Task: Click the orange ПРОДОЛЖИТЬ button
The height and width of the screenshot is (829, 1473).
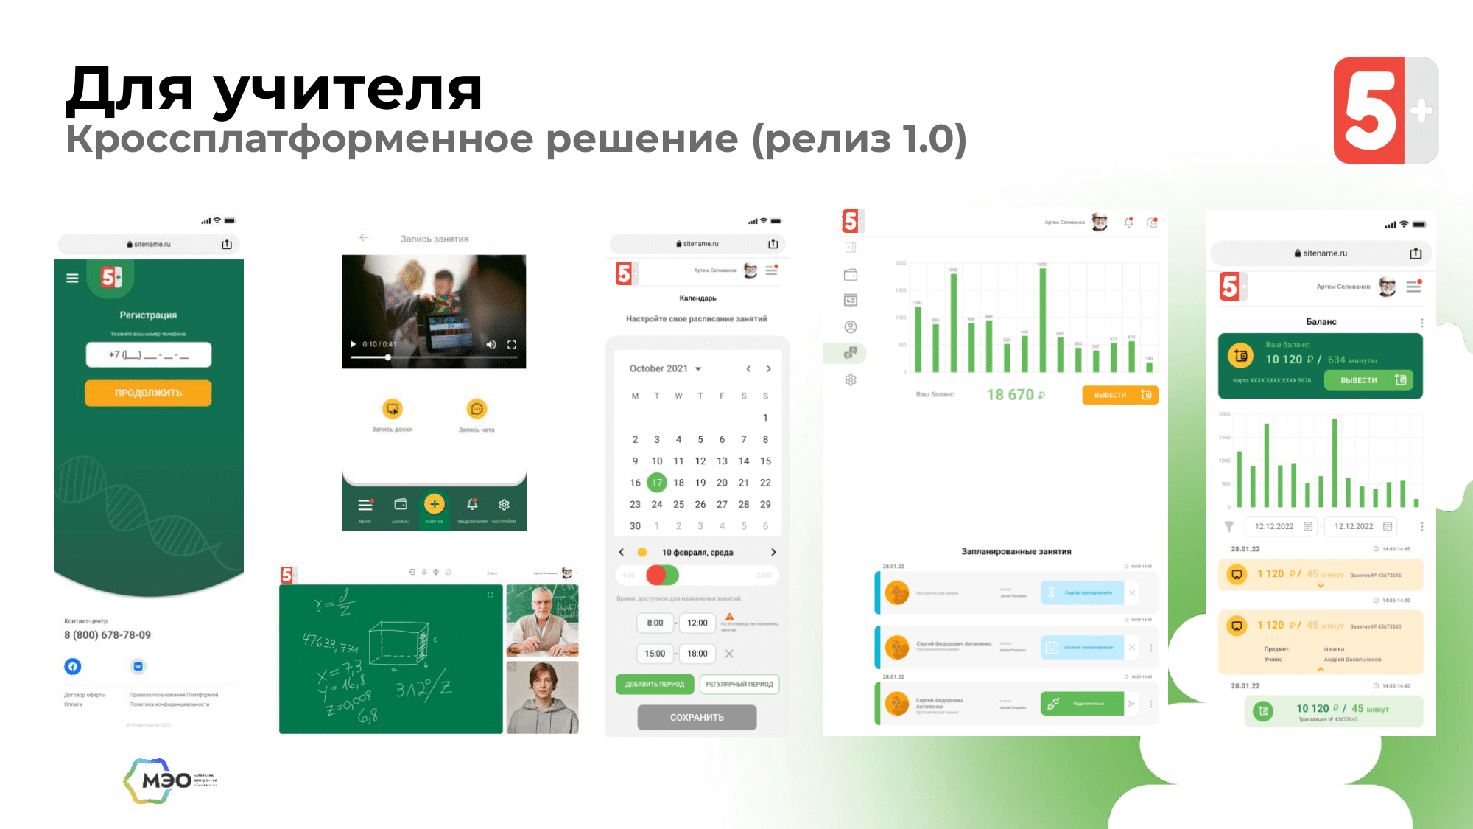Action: (x=148, y=393)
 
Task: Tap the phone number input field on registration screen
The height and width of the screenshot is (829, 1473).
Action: (x=148, y=354)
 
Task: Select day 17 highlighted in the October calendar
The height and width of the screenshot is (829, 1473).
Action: (x=656, y=483)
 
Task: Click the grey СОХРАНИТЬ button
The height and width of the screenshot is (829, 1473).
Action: (x=697, y=717)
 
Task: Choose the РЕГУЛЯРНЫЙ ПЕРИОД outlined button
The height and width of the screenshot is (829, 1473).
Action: (x=739, y=684)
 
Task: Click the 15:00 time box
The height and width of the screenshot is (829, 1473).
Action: (x=655, y=653)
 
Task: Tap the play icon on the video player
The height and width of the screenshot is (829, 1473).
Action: (x=353, y=344)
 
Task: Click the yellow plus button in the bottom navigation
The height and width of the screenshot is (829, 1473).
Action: (x=435, y=504)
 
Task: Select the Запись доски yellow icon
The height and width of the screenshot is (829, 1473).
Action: (x=393, y=408)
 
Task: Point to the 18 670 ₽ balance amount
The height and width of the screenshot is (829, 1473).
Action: (x=1015, y=395)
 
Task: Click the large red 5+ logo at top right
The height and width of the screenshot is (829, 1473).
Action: (x=1385, y=111)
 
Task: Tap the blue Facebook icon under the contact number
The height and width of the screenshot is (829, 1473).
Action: (x=73, y=666)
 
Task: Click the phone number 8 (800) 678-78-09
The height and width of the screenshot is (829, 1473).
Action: (x=108, y=635)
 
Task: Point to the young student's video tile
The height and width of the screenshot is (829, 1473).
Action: (x=542, y=697)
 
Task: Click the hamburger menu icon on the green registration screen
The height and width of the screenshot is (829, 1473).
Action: (x=72, y=278)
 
